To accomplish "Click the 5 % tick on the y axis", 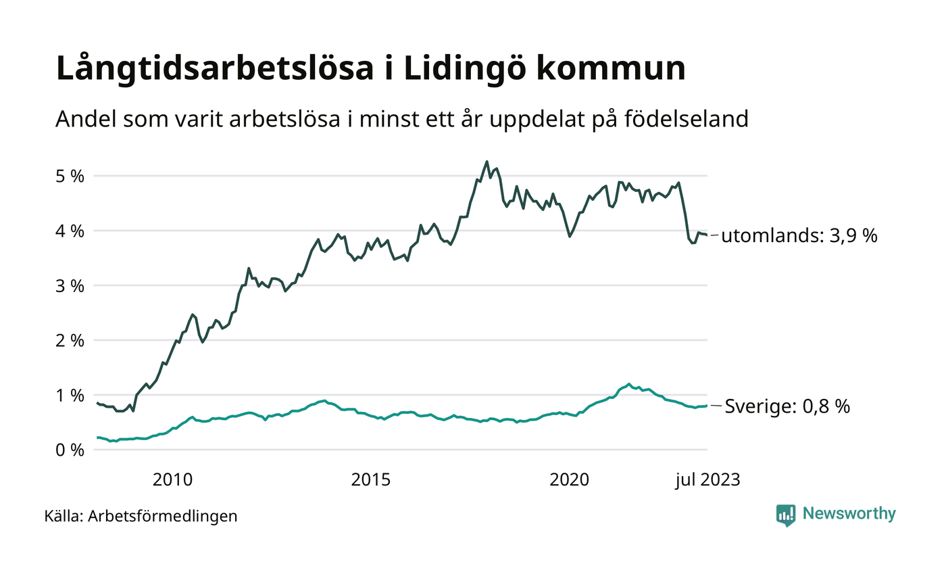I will (70, 176).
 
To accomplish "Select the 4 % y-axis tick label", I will (70, 231).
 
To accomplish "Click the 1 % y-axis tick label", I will (70, 395).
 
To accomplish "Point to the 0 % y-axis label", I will (70, 450).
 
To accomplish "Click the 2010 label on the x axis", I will (172, 480).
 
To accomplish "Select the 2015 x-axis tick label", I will (371, 480).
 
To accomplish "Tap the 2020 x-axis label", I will (570, 480).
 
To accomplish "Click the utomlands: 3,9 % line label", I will (799, 236).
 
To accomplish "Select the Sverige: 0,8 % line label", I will (787, 406).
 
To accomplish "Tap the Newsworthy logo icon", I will (786, 515).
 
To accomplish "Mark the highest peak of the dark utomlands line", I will (487, 162).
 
